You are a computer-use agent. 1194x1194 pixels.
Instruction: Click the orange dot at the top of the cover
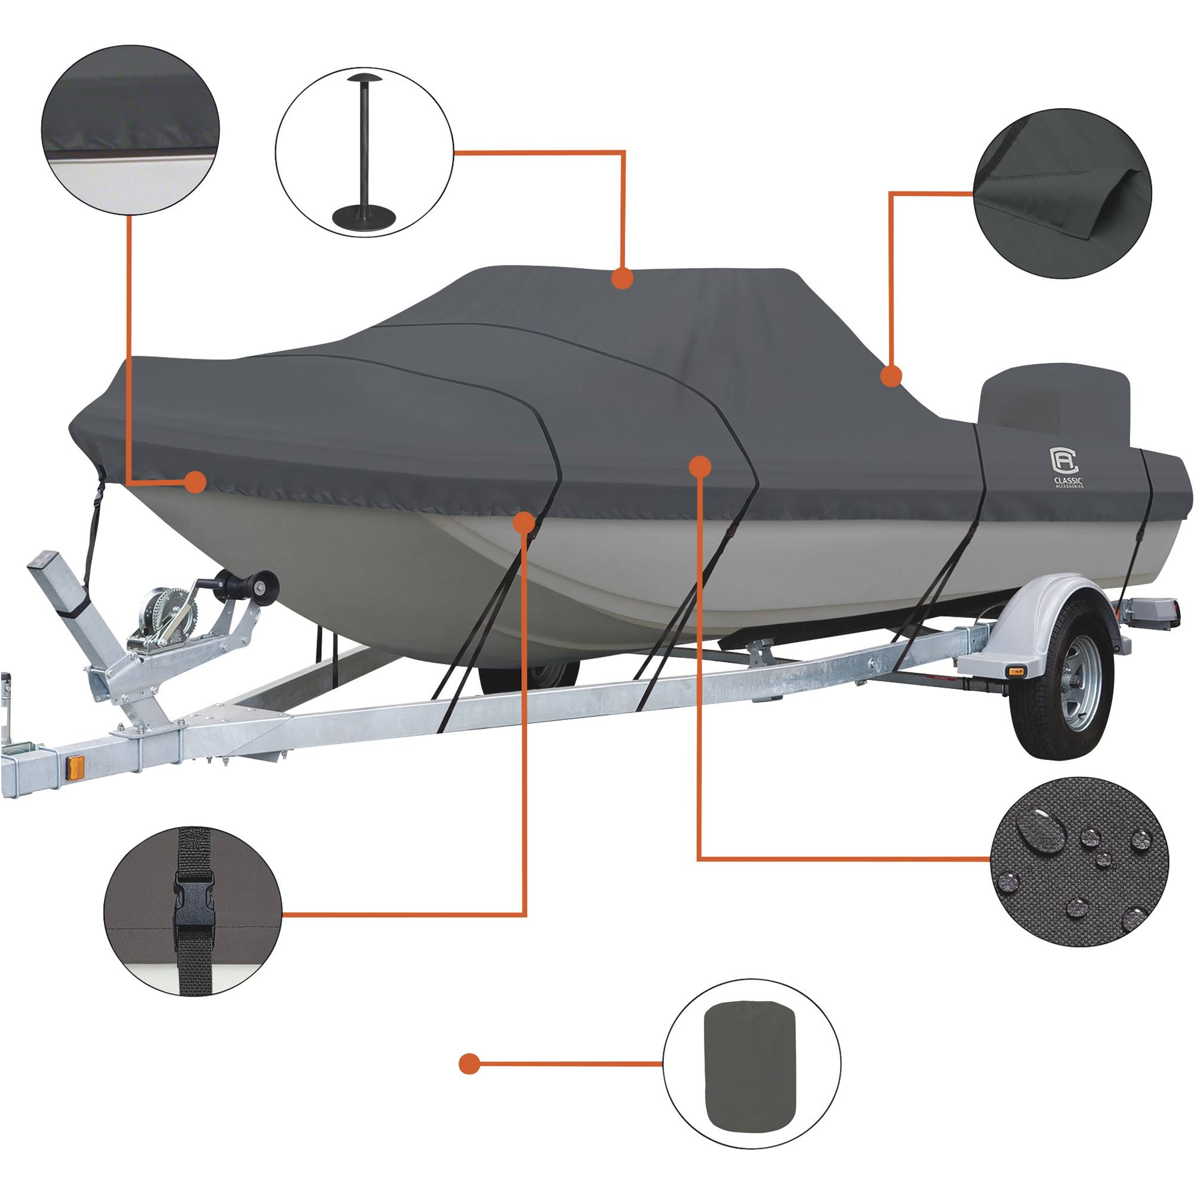click(x=622, y=279)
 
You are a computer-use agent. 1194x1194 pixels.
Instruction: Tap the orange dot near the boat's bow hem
click(x=195, y=481)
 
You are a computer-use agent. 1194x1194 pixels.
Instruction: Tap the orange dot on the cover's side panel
click(x=699, y=467)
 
